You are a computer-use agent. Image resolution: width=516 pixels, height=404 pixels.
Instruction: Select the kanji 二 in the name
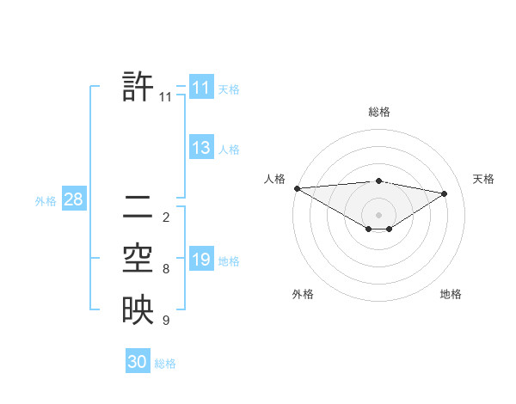[138, 206]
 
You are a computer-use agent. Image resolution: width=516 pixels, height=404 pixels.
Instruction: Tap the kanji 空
[138, 258]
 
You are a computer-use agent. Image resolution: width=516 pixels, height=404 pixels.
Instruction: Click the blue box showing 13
[200, 148]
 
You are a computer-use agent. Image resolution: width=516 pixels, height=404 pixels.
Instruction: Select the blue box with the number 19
[200, 260]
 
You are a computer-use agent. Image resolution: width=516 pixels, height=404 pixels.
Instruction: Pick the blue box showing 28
[73, 200]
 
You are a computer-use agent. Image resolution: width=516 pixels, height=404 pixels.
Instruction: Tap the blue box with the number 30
[137, 362]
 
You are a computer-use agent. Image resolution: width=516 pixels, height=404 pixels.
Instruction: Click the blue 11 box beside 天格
[200, 88]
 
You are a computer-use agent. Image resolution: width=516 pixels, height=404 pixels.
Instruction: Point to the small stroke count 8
[166, 269]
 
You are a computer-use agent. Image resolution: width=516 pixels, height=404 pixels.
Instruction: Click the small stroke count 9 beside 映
[166, 321]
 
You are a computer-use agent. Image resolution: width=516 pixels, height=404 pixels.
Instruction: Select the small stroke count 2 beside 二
[166, 217]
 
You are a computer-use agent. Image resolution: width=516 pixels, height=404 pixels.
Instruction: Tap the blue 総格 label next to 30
[165, 364]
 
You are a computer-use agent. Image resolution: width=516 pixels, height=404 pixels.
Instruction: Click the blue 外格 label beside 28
[46, 201]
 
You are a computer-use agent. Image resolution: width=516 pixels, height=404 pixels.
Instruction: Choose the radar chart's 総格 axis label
[378, 112]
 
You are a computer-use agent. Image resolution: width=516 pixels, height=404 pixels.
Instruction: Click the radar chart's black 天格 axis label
[484, 179]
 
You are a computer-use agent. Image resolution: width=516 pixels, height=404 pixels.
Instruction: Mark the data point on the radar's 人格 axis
[297, 187]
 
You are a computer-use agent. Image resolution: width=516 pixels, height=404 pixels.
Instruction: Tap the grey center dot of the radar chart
[378, 214]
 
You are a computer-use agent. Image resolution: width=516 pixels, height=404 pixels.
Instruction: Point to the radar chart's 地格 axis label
[451, 294]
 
